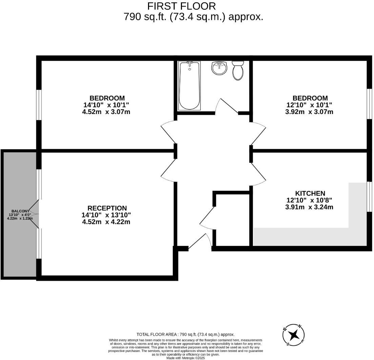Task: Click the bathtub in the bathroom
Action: tap(189, 86)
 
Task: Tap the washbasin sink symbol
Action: tap(219, 68)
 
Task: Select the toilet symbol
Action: tap(238, 70)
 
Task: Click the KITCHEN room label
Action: tap(310, 193)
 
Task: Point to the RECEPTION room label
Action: tap(107, 208)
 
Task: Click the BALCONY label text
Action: tap(20, 211)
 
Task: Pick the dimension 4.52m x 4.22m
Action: tap(106, 222)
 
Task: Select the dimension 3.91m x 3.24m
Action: tap(309, 207)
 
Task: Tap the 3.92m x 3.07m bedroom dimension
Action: tap(309, 112)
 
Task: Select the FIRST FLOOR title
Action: tap(181, 6)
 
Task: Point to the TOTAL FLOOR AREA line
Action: tap(185, 334)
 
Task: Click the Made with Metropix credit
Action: tap(185, 358)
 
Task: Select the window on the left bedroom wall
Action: tap(39, 105)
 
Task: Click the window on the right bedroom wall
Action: tap(369, 104)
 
